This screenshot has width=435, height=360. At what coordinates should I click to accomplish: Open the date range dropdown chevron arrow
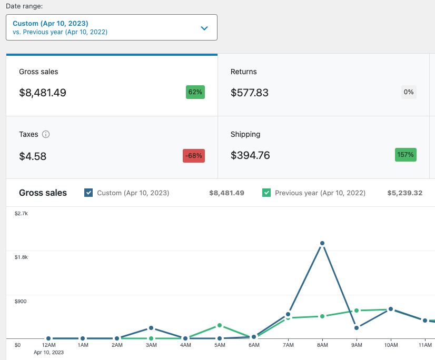[x=204, y=28]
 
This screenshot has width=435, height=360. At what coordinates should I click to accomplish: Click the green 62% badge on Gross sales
[x=195, y=92]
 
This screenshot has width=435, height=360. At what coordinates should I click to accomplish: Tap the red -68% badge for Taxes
[x=194, y=156]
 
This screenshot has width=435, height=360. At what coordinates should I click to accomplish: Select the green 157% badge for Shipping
[x=406, y=155]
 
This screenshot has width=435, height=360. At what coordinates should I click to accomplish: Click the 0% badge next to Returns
[x=409, y=92]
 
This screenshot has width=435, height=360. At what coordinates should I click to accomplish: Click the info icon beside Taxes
[x=46, y=134]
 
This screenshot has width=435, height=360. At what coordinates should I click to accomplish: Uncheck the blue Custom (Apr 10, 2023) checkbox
[x=88, y=193]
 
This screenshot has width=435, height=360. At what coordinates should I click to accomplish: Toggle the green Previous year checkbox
[x=266, y=193]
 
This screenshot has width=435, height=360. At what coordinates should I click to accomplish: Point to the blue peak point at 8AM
[x=322, y=243]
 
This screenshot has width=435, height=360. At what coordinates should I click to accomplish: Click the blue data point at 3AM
[x=151, y=328]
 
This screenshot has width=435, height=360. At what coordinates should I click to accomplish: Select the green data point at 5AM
[x=220, y=325]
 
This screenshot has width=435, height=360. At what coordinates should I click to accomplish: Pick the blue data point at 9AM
[x=357, y=328]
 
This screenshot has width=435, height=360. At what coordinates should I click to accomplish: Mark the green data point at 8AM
[x=322, y=316]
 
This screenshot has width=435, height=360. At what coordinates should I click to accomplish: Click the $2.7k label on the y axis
[x=21, y=214]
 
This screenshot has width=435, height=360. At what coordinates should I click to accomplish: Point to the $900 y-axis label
[x=21, y=302]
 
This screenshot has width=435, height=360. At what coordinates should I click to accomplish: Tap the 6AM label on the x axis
[x=254, y=345]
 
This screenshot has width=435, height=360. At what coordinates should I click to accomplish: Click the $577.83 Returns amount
[x=250, y=93]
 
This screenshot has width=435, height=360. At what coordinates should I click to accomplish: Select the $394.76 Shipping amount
[x=250, y=155]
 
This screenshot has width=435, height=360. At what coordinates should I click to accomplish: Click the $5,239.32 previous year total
[x=405, y=193]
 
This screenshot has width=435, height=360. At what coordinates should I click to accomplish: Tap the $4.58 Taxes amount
[x=33, y=156]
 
